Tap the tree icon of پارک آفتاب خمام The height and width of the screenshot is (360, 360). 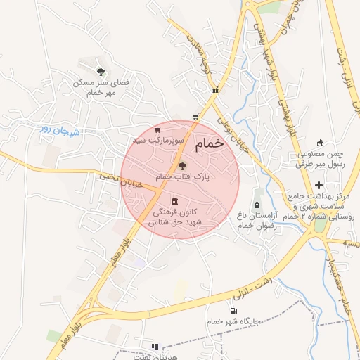tap(183, 166)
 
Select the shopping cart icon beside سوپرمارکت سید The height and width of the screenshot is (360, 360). tap(157, 130)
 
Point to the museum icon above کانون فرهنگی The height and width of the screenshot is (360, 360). tap(174, 201)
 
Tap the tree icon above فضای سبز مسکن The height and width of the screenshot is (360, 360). tap(101, 71)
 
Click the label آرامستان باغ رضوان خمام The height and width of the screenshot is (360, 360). tap(258, 220)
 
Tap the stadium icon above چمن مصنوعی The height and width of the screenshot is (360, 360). tap(321, 143)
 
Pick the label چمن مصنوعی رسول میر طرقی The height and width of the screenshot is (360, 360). tap(321, 159)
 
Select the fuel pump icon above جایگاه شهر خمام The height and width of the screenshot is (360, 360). tap(233, 311)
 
